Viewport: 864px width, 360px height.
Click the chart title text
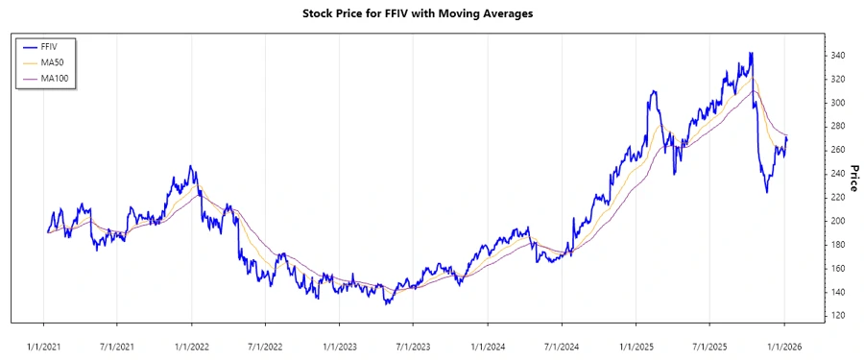[432, 13]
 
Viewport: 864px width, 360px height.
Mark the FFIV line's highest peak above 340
[751, 53]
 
